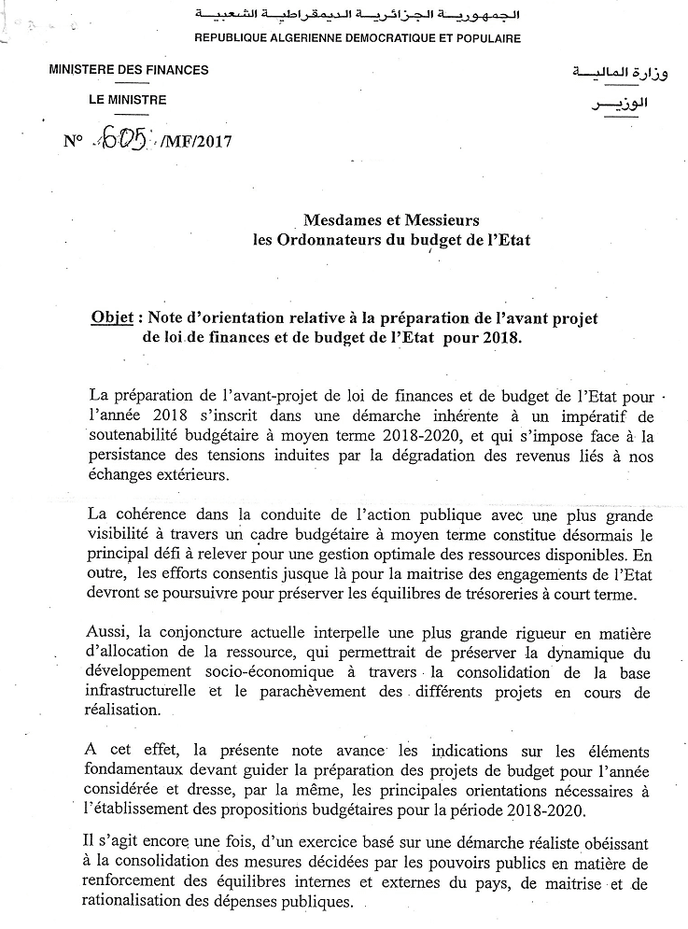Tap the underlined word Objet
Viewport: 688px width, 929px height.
click(112, 318)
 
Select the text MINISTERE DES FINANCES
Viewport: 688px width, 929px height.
click(128, 70)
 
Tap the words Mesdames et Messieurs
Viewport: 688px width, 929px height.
click(391, 220)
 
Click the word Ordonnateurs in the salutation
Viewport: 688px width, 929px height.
click(357, 240)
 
